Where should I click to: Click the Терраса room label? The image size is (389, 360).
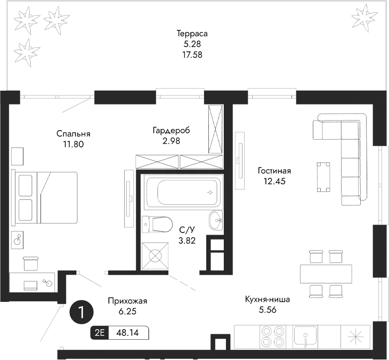coord(192,33)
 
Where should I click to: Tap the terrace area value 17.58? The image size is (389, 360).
coord(192,54)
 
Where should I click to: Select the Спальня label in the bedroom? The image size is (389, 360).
coord(73,134)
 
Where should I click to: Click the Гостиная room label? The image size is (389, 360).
coord(274,171)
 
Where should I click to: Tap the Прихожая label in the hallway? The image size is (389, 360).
coord(127,301)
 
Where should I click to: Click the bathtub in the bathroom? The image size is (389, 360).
coord(181,193)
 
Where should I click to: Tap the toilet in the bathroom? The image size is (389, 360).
coord(158,224)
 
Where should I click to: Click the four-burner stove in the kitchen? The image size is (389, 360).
coord(273,336)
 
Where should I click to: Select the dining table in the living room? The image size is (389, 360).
coord(326,274)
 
